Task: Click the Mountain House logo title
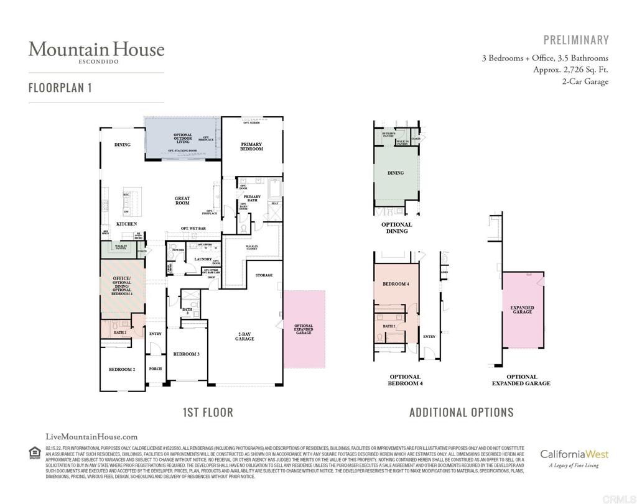click(96, 49)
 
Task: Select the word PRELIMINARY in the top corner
click(576, 40)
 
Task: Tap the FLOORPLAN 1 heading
click(60, 88)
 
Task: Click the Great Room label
click(182, 201)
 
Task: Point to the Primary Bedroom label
click(251, 147)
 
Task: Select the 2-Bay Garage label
click(244, 336)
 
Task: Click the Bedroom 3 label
click(186, 354)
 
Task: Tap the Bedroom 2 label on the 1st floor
click(122, 369)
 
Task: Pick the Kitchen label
click(126, 224)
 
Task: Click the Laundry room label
click(203, 259)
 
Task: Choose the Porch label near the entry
click(156, 369)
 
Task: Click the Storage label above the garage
click(264, 275)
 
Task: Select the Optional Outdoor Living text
click(182, 138)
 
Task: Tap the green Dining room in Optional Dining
click(396, 173)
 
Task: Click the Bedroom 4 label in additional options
click(396, 284)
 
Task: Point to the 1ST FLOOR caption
click(208, 412)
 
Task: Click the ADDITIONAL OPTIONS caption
click(462, 412)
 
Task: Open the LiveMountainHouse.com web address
click(92, 437)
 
